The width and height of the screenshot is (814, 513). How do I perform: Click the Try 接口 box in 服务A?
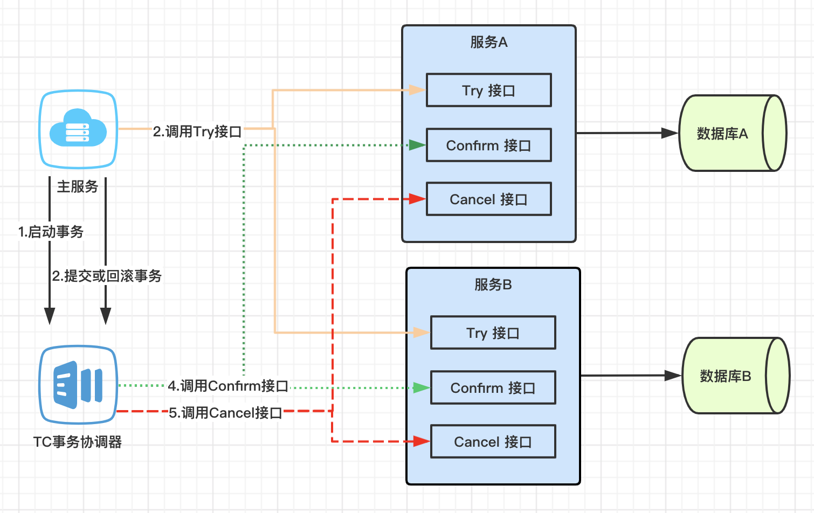click(x=488, y=91)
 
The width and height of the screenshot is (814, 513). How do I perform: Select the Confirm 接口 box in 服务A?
click(x=488, y=145)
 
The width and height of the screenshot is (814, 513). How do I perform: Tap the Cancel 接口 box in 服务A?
click(x=488, y=199)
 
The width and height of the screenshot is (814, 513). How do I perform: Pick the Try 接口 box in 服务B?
click(x=493, y=333)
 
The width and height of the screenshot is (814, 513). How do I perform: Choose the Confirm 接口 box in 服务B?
click(x=493, y=388)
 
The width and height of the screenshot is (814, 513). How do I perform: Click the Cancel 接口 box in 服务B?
click(x=493, y=442)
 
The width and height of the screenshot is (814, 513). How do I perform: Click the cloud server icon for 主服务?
click(x=78, y=129)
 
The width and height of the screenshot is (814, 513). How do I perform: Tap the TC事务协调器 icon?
click(x=78, y=385)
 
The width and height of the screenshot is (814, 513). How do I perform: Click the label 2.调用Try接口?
click(x=197, y=131)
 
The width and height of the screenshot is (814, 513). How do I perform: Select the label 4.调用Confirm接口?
click(x=228, y=386)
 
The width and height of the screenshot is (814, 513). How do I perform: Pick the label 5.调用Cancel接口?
click(x=225, y=413)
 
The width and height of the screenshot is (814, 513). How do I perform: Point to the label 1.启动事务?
click(x=51, y=232)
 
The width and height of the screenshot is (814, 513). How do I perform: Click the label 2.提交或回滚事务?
click(x=107, y=276)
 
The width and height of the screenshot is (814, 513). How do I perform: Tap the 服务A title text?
click(x=489, y=42)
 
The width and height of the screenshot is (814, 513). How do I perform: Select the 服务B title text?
click(x=493, y=285)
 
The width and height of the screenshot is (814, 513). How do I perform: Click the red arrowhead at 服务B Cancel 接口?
click(x=422, y=441)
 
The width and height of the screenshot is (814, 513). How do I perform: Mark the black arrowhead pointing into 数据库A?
click(x=670, y=133)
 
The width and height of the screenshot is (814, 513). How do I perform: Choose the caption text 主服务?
click(x=78, y=186)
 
